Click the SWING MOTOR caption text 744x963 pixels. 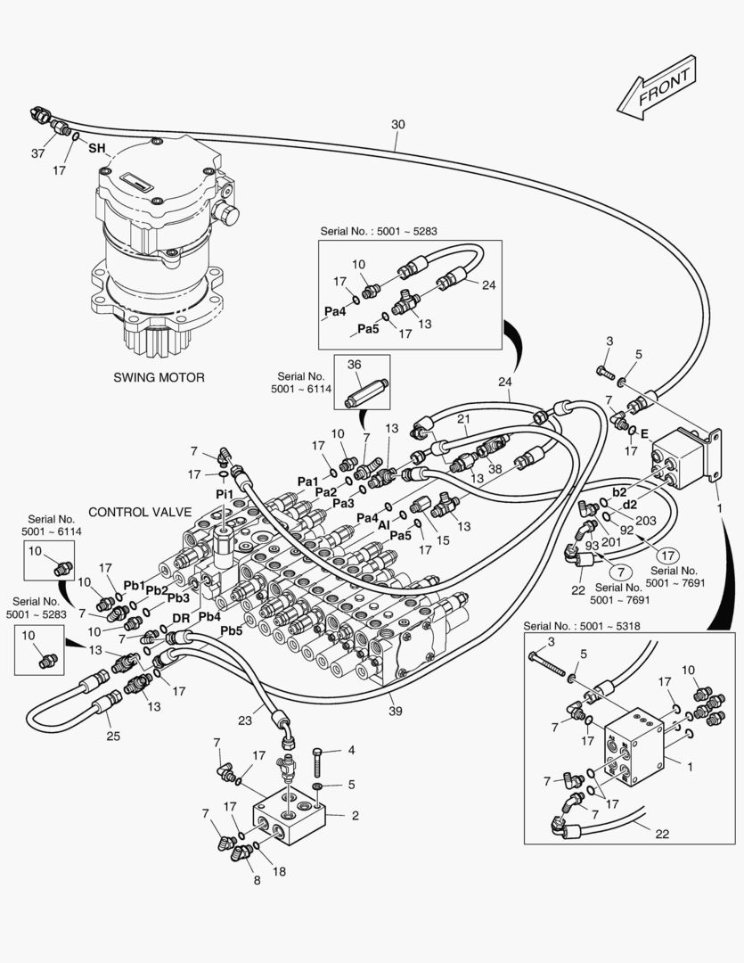tap(159, 377)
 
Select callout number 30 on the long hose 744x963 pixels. tap(397, 125)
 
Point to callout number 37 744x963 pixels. tap(38, 153)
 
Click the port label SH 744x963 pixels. tap(96, 149)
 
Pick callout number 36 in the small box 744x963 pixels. tap(354, 364)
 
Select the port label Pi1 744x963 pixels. tap(225, 494)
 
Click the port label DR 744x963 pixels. tap(180, 618)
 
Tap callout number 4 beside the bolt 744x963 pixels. tap(351, 751)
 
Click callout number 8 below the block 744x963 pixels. tap(257, 881)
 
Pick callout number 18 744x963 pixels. tap(279, 871)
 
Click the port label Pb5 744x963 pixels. tap(232, 631)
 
